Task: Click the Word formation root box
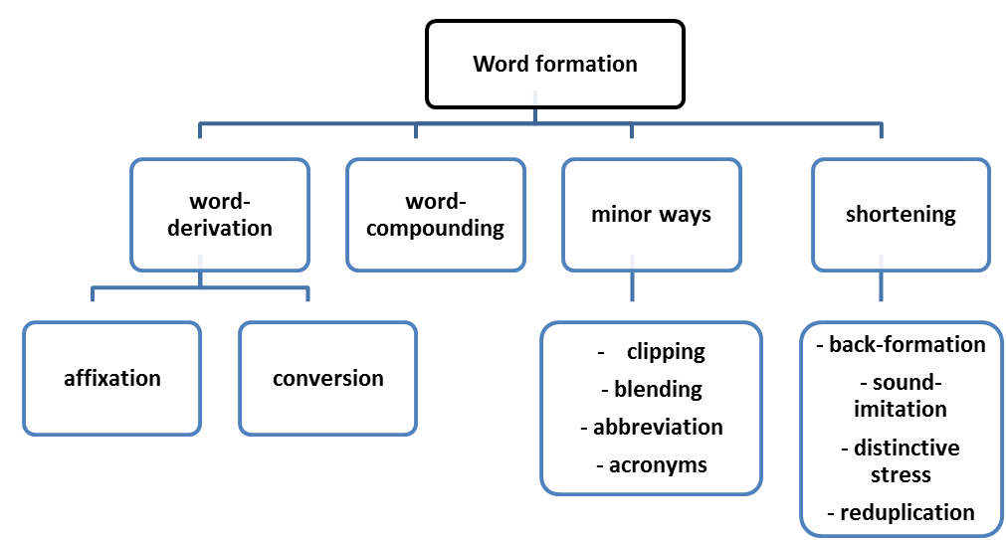click(554, 65)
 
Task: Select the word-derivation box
click(220, 215)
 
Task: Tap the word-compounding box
click(436, 215)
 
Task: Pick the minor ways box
click(651, 215)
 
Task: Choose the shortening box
click(901, 215)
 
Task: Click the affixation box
click(110, 378)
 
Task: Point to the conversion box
click(327, 378)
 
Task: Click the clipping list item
click(666, 351)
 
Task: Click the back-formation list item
click(901, 345)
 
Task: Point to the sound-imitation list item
click(901, 396)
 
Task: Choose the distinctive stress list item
click(901, 459)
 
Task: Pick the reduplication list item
click(901, 513)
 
